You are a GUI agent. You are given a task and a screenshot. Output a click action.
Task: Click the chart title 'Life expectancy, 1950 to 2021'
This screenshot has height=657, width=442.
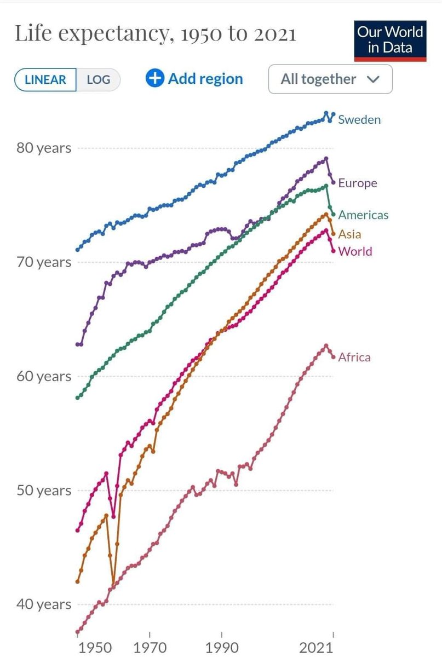155,34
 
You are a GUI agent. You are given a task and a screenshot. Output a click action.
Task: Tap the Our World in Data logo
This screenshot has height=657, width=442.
390,40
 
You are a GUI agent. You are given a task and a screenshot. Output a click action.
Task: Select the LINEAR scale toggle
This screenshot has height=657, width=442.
45,79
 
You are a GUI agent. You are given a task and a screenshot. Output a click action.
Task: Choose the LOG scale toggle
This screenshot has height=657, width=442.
98,79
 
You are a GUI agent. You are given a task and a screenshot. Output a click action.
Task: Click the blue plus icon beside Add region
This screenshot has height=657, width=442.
155,78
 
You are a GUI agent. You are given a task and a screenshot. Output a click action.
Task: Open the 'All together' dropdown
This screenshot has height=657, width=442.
330,79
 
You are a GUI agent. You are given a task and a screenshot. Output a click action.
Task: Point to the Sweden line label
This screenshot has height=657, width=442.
359,119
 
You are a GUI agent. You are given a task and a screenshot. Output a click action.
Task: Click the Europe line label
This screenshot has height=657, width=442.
357,183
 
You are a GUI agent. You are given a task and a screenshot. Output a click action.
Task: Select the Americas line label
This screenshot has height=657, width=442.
363,215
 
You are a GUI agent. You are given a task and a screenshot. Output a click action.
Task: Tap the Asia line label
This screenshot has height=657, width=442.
349,234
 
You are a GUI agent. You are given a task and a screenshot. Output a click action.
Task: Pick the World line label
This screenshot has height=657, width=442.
355,251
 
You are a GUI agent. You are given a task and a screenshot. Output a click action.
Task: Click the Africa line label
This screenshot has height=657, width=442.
354,358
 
